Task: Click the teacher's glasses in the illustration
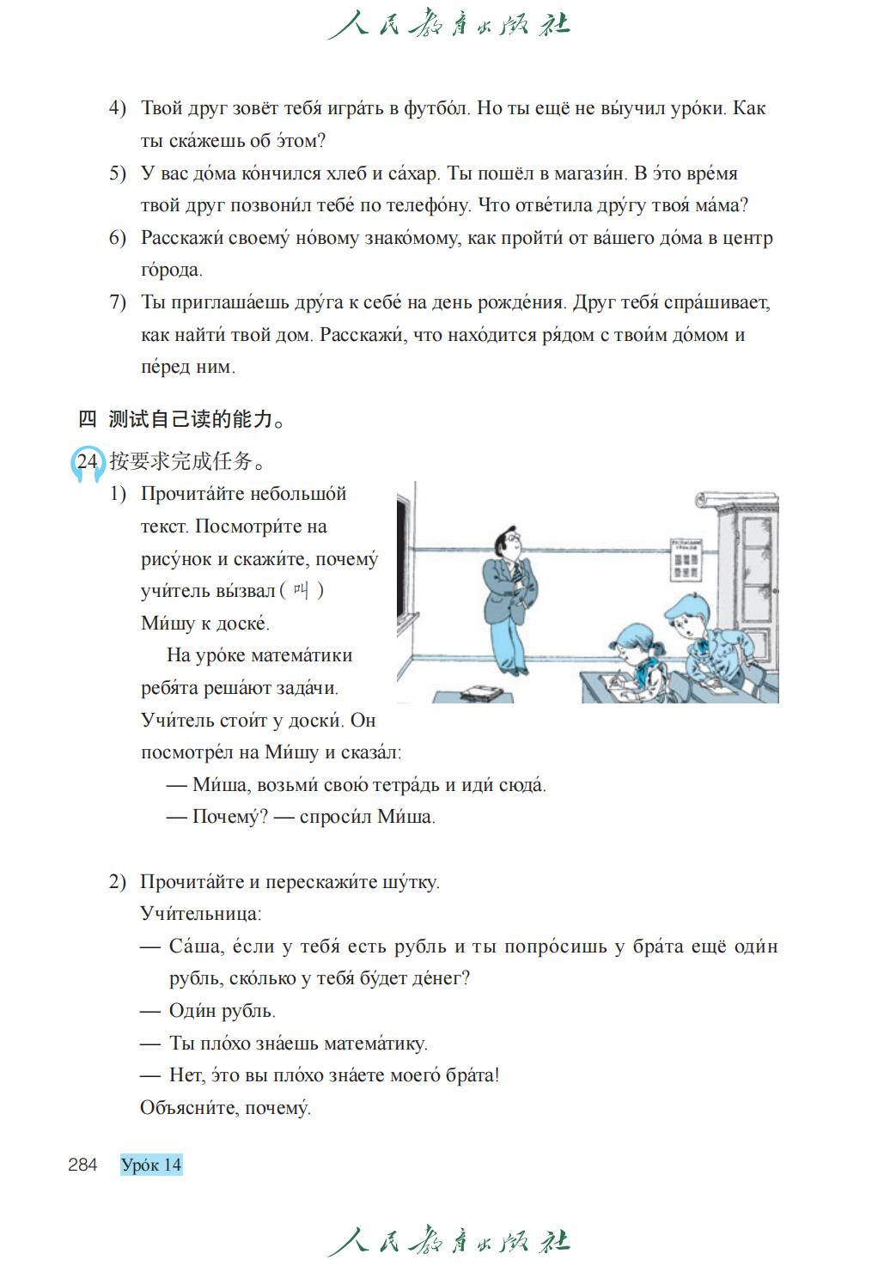tap(511, 539)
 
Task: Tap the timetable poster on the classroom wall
tap(686, 559)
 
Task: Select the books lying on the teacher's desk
tap(482, 692)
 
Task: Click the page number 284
tap(82, 1165)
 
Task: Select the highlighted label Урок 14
tap(152, 1165)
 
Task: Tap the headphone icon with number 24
tap(87, 462)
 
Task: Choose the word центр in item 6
tap(746, 238)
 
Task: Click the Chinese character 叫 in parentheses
tap(300, 591)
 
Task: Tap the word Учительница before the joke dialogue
tap(200, 914)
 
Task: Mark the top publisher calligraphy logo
tap(448, 23)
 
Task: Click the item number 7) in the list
tap(117, 302)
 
